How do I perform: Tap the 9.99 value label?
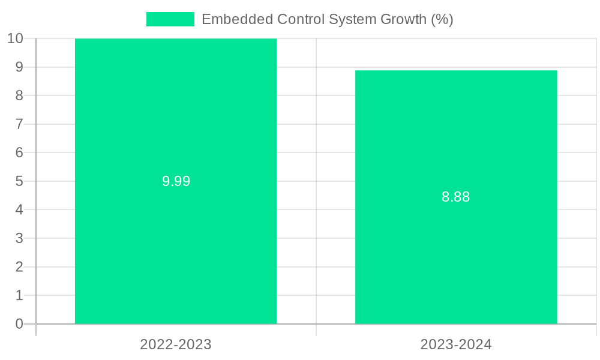click(176, 181)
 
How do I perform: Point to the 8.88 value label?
click(456, 197)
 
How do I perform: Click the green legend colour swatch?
click(170, 19)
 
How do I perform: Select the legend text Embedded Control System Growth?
click(327, 19)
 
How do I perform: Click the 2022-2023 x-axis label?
click(176, 344)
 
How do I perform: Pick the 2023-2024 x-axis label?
click(456, 344)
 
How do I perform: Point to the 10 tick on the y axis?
click(15, 38)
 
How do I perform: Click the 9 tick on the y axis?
click(19, 67)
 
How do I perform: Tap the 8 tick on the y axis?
click(19, 95)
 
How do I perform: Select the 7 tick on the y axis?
click(19, 124)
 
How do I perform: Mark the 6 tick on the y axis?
click(19, 152)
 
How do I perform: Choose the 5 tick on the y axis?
click(19, 181)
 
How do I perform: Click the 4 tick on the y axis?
click(19, 210)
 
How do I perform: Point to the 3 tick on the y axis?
click(19, 238)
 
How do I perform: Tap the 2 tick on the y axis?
click(19, 267)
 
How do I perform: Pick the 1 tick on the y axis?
click(19, 295)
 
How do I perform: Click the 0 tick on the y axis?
click(19, 324)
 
